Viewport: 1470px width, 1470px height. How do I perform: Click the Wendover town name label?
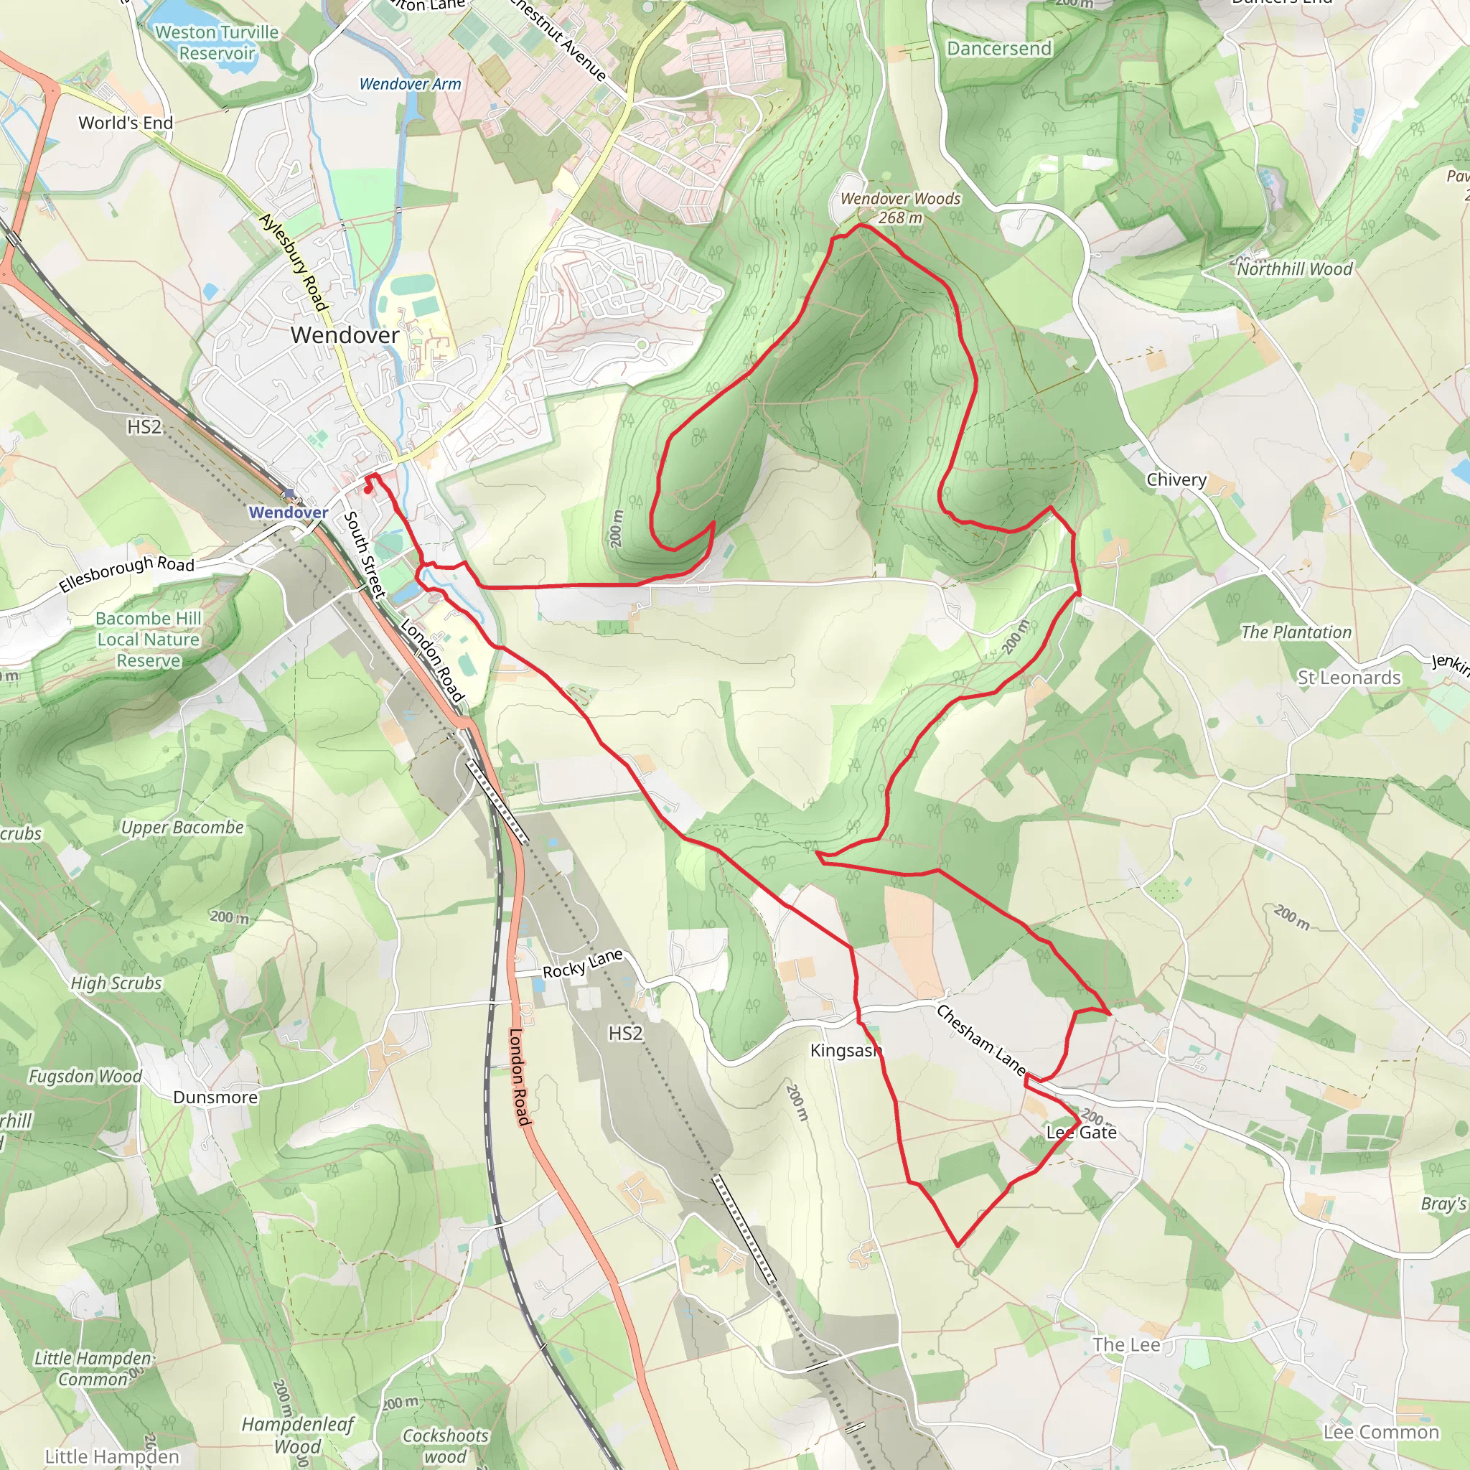[x=345, y=334]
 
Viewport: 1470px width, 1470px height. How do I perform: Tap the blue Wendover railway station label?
[x=289, y=512]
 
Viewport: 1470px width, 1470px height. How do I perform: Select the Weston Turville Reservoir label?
[x=217, y=42]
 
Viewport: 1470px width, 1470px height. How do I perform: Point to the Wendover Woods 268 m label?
[x=900, y=207]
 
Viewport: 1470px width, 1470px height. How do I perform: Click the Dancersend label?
[x=999, y=49]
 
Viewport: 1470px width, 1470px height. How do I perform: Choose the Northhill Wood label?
[x=1294, y=268]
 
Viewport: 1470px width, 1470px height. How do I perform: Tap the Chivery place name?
[x=1176, y=479]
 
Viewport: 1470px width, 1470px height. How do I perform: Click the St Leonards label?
[x=1348, y=677]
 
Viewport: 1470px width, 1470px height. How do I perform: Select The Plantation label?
[x=1296, y=632]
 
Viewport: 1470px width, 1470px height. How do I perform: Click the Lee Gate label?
[x=1081, y=1132]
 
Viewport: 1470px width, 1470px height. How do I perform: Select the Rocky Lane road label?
[x=582, y=964]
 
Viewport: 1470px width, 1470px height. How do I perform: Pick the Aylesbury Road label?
[x=294, y=262]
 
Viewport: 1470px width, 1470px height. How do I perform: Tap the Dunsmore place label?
[x=215, y=1097]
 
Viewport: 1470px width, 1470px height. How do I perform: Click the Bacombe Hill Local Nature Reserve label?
[x=149, y=639]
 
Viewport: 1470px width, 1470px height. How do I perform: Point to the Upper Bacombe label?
[x=182, y=827]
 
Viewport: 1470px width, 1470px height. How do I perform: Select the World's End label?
[x=126, y=123]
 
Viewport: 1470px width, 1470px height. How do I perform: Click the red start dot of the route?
[x=367, y=490]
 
